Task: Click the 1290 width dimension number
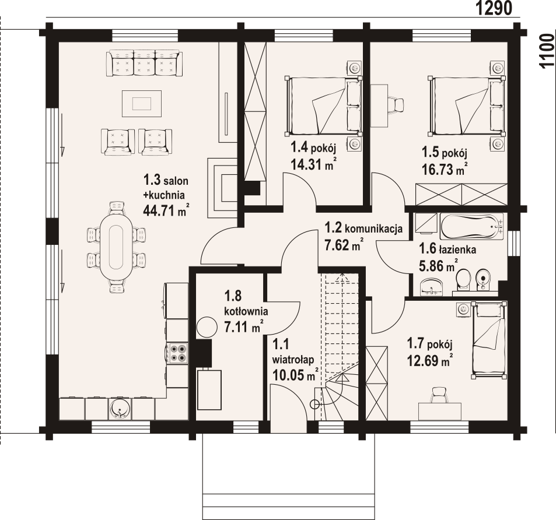(494, 8)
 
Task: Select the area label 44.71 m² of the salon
(166, 210)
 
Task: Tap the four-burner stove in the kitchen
(178, 353)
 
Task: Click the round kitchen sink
(120, 409)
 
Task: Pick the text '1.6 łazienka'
(447, 249)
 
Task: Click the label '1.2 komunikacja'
(364, 228)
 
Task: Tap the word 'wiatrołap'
(293, 360)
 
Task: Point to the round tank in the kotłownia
(207, 327)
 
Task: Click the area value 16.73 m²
(445, 169)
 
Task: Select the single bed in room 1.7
(489, 340)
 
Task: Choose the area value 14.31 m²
(313, 164)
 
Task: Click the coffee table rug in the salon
(142, 103)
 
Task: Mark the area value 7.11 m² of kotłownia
(244, 326)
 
